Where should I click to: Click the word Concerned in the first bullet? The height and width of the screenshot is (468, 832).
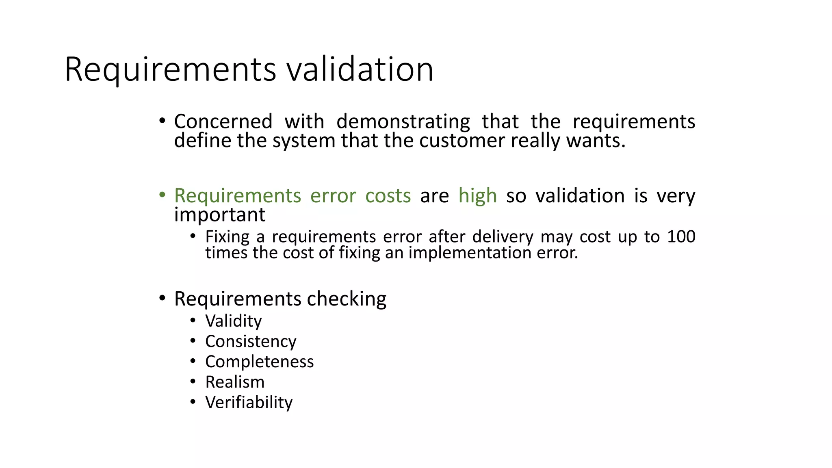[x=223, y=121]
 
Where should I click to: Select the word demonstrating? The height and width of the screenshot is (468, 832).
[x=403, y=121]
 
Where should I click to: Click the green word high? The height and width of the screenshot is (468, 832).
[x=477, y=196]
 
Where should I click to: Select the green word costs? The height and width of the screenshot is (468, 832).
[x=388, y=196]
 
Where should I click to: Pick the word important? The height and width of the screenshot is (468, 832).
[x=220, y=214]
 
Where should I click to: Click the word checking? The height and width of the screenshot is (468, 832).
[x=347, y=299]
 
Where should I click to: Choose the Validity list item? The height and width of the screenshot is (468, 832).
[x=234, y=321]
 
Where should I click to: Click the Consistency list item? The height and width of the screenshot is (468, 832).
[x=251, y=341]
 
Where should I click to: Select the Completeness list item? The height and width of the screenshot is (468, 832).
[x=259, y=362]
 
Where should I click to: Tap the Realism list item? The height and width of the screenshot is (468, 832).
[x=235, y=382]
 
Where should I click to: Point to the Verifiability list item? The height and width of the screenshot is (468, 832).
[x=249, y=402]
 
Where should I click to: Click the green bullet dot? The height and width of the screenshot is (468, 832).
[x=162, y=195]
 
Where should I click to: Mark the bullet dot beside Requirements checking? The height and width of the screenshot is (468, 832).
[x=162, y=298]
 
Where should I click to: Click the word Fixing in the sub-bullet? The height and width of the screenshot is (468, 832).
[x=227, y=236]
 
